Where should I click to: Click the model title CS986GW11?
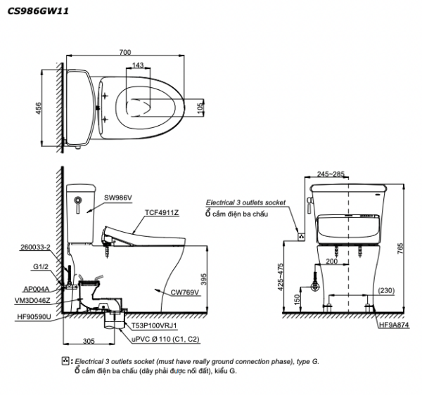[38, 11]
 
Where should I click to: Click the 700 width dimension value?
[125, 52]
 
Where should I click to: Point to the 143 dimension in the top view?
[138, 65]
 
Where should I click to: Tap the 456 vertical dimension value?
[39, 108]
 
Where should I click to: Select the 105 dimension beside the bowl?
[200, 108]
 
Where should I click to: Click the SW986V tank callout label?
[118, 198]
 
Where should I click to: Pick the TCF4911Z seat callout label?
[162, 213]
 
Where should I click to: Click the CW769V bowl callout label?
[186, 292]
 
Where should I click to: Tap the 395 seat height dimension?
[204, 279]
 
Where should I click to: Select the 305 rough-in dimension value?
[89, 341]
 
